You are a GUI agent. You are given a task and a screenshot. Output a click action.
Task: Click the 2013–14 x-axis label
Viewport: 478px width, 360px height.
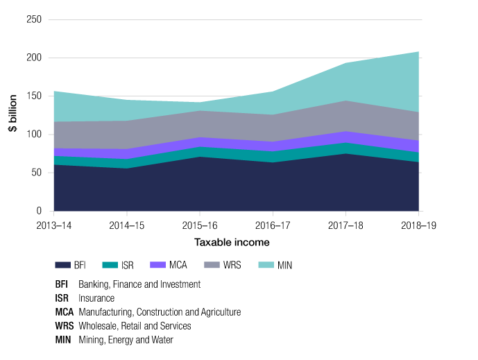pos(54,225)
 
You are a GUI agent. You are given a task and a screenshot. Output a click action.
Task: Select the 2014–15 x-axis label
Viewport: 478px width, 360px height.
pos(127,225)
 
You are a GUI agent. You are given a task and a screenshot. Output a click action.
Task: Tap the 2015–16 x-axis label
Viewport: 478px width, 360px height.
pos(200,225)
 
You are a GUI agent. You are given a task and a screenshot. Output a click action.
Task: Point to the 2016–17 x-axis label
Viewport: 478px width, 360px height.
pos(273,225)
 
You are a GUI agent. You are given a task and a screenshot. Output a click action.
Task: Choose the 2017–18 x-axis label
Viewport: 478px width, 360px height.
pos(346,225)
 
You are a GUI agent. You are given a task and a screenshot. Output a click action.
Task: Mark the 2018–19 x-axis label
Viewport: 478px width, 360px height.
pos(419,225)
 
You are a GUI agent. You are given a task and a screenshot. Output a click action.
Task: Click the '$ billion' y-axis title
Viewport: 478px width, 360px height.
pos(14,115)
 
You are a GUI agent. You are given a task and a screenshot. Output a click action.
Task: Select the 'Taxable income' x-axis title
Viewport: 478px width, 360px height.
pos(232,243)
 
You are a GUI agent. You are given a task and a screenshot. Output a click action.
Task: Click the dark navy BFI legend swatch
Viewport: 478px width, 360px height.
pos(63,265)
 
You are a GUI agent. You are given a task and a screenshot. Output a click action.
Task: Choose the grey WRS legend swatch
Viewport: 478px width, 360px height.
pos(211,265)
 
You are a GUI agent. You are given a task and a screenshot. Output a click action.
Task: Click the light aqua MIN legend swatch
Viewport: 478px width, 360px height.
pos(265,265)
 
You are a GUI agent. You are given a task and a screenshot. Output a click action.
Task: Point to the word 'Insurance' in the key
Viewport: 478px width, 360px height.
pos(97,298)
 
